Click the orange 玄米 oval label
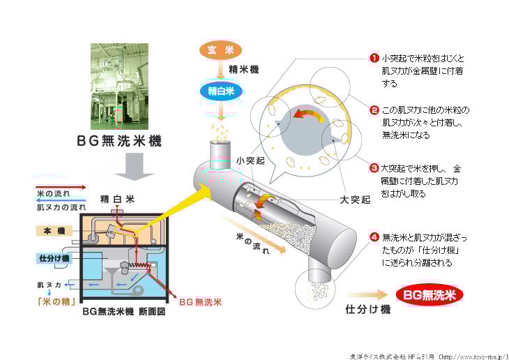[x=220, y=50]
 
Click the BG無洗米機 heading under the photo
[x=119, y=142]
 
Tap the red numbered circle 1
[x=374, y=59]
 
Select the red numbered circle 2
[x=374, y=110]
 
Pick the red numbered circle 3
[x=374, y=168]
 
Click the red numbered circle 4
[x=374, y=238]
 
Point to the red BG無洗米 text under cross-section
[x=201, y=302]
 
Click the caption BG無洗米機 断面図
[x=123, y=312]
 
